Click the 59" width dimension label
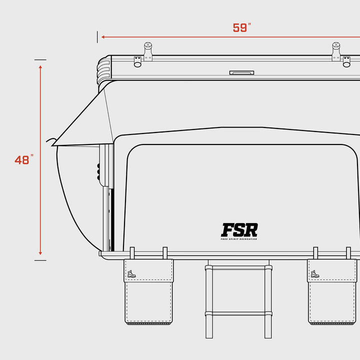(241, 28)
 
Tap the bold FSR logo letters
(239, 229)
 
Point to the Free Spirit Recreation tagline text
(239, 239)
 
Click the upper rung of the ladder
(238, 268)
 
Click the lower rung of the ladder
(238, 314)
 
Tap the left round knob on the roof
(147, 47)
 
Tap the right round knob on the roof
(336, 47)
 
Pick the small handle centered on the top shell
(241, 73)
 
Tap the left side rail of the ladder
(208, 300)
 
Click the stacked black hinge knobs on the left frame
(99, 171)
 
